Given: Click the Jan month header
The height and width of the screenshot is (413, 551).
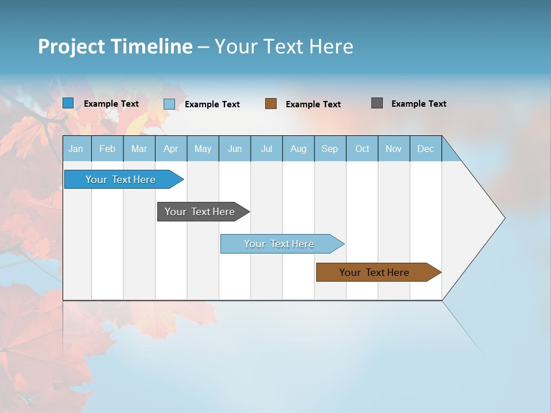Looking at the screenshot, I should pyautogui.click(x=76, y=149).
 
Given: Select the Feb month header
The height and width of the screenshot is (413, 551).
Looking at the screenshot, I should pyautogui.click(x=107, y=149).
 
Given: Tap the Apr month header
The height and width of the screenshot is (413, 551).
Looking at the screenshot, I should pyautogui.click(x=171, y=149).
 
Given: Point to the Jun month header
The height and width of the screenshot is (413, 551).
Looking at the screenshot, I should pyautogui.click(x=235, y=149).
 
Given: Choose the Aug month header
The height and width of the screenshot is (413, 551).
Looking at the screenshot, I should pyautogui.click(x=298, y=149).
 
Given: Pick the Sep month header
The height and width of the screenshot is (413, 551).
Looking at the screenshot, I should pyautogui.click(x=330, y=149).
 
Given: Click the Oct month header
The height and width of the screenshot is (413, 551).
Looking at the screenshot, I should pyautogui.click(x=362, y=149).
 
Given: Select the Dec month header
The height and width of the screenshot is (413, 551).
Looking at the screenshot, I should pyautogui.click(x=426, y=149).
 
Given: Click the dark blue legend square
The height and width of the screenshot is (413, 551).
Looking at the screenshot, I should pyautogui.click(x=68, y=103).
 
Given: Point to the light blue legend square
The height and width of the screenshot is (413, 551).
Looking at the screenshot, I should pyautogui.click(x=169, y=104).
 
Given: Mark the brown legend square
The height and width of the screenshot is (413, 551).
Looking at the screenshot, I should pyautogui.click(x=271, y=104).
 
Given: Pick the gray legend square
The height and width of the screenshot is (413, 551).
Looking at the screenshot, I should pyautogui.click(x=377, y=103).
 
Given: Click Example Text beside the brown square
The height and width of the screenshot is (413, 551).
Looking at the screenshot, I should pyautogui.click(x=313, y=104).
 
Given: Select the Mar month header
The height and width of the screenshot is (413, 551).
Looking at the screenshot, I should pyautogui.click(x=139, y=149).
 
